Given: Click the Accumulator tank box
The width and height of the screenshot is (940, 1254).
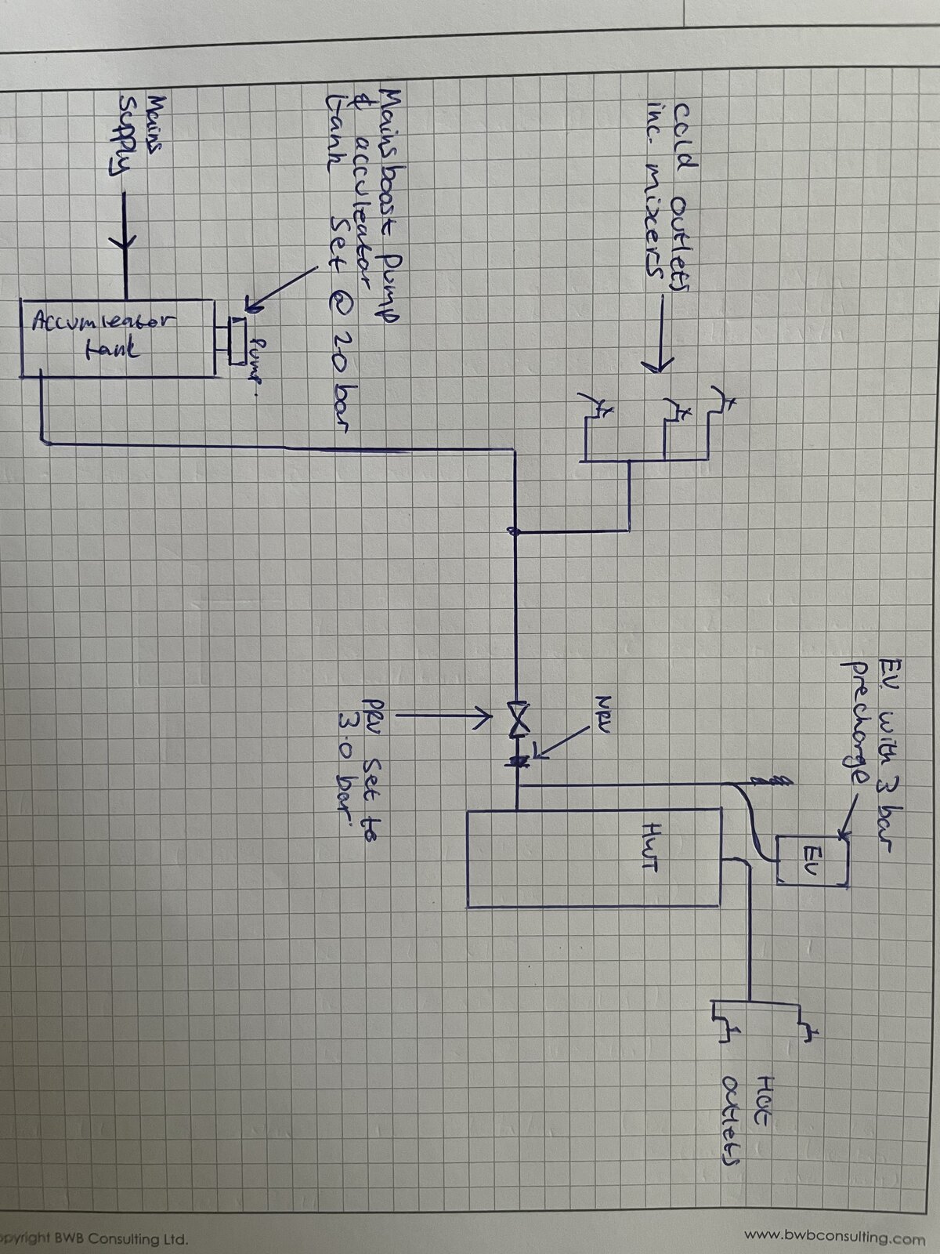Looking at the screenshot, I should [x=117, y=337].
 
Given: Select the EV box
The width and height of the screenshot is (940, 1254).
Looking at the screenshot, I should [x=812, y=860].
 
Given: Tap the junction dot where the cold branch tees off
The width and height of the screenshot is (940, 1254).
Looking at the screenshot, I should [x=515, y=532].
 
